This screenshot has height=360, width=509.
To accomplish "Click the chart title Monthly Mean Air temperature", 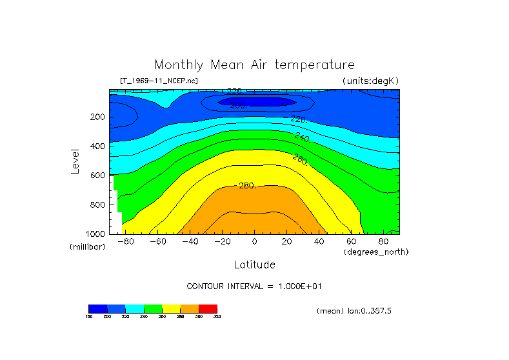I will pos(254,65).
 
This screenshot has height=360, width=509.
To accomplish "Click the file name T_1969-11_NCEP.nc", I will pos(159,81).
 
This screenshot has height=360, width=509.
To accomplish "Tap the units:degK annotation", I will pos(370,81).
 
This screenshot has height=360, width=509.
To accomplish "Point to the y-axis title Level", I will pos(75,161).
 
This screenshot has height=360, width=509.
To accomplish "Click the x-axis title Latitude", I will pos(254,265).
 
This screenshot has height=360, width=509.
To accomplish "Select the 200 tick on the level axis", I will pos(97,117).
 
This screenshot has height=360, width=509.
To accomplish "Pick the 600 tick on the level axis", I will pos(97,175).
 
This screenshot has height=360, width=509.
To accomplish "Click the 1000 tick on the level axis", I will pos(95,234).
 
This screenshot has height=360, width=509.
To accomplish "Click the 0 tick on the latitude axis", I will pos(254,242).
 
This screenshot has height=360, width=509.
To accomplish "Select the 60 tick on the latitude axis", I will pos(351,242).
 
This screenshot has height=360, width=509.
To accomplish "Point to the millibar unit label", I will pos(87,247).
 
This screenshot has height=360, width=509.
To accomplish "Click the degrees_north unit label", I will pos(376,252).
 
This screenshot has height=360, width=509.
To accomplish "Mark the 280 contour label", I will pos(247,186).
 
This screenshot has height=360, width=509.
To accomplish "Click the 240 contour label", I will pos(302,137).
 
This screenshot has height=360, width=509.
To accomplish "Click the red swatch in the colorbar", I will pos(208,308).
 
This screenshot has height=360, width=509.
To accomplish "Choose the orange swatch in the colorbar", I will pos(190,308).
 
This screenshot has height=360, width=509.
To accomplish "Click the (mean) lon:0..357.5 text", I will pos(354,311).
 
